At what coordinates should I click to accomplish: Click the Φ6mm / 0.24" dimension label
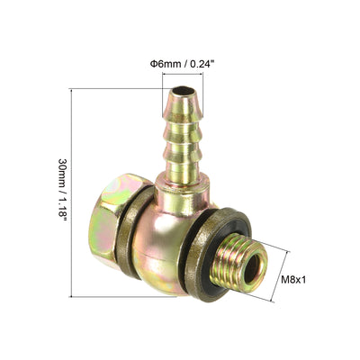183,64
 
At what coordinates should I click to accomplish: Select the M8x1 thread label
293,280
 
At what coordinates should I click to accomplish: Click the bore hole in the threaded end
254,266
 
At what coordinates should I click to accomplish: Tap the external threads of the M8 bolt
237,263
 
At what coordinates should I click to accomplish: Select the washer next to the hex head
133,232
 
